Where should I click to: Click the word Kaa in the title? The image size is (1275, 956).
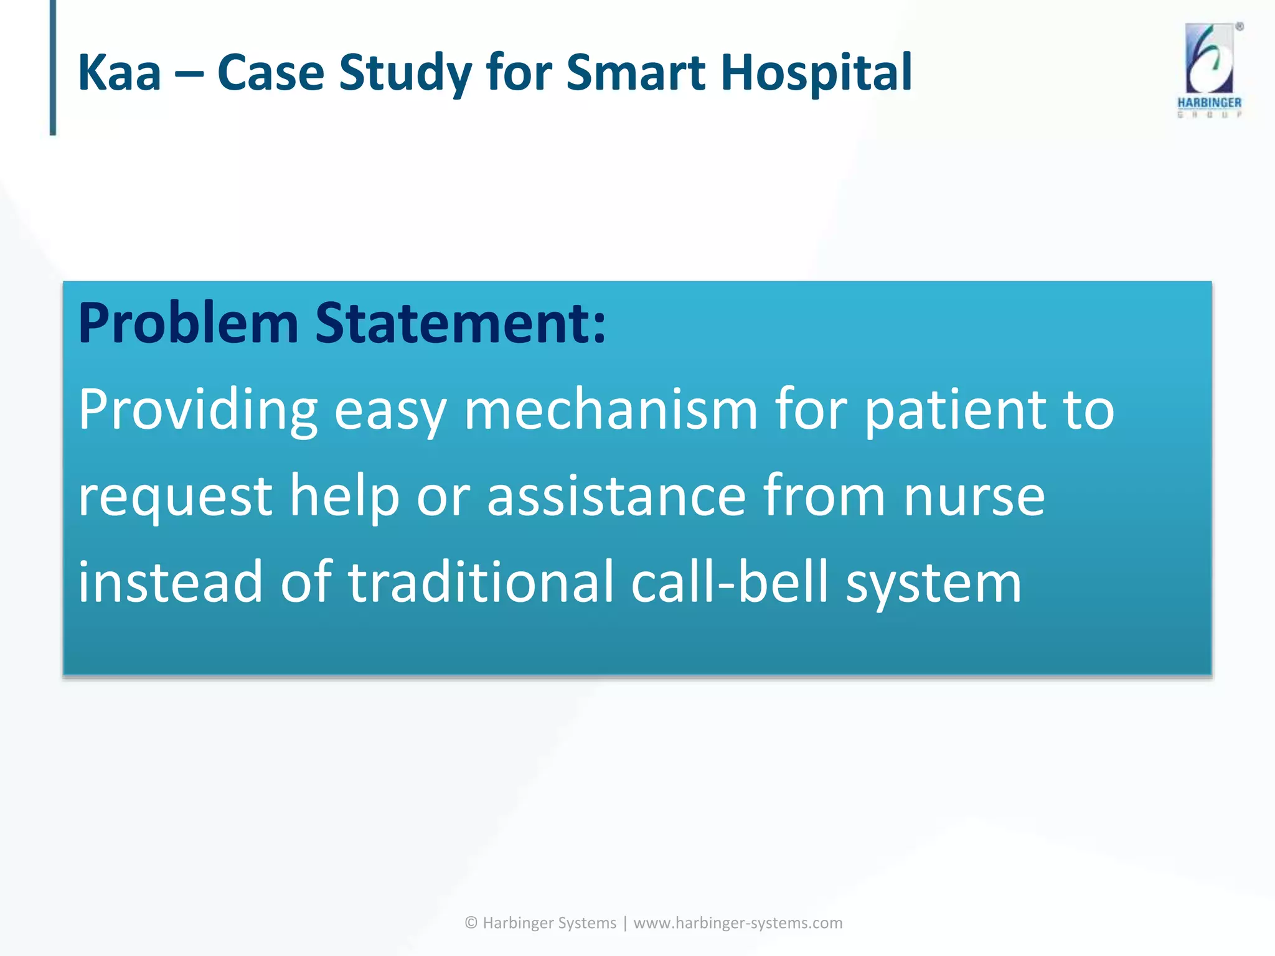point(120,73)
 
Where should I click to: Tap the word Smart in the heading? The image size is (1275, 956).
point(635,73)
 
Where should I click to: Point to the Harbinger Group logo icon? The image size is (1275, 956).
point(1209,59)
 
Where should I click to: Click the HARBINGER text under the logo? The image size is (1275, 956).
point(1209,103)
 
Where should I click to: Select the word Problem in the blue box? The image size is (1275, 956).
point(188,324)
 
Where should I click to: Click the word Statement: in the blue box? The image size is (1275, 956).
point(461,324)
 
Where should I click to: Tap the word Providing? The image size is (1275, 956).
point(198,411)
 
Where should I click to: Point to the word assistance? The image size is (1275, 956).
point(616,497)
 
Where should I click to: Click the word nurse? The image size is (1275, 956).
point(974,497)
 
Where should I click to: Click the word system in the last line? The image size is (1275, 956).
point(934,582)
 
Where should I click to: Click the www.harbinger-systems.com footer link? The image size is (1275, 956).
point(738,922)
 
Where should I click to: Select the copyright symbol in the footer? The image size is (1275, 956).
point(471,922)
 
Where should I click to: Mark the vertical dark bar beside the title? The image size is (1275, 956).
point(53,67)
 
